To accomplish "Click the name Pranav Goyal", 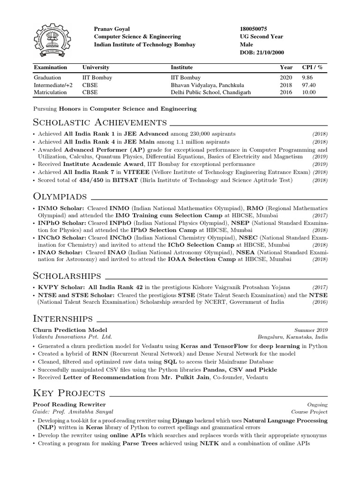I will point(111,29).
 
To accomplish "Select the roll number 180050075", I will point(254,29).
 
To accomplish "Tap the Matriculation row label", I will point(50,92).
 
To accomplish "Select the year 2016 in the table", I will point(286,92).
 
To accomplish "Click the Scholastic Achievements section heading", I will point(100,123).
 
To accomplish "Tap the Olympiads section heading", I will point(60,195).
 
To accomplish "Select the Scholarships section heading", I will point(67,275).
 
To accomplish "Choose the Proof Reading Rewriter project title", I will point(69,404).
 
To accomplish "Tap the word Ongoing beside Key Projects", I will point(317,405).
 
